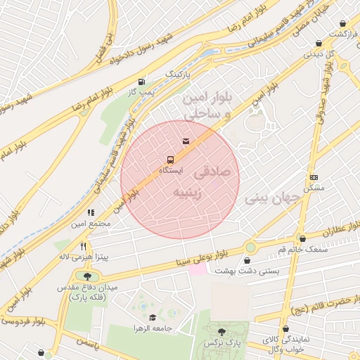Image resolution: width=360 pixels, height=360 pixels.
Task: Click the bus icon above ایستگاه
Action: (x=170, y=158)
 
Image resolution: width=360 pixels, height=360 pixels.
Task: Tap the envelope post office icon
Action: (x=186, y=142)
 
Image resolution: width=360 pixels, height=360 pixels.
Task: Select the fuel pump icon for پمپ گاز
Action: (x=143, y=82)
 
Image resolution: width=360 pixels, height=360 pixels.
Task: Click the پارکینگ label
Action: (x=177, y=74)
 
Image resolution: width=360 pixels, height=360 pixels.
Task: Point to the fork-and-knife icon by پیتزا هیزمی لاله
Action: (x=84, y=247)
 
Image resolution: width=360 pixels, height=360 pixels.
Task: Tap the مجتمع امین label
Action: (x=91, y=224)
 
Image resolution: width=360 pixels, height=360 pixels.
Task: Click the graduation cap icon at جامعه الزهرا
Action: (x=153, y=317)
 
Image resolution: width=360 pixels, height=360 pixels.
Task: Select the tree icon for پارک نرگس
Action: (x=222, y=330)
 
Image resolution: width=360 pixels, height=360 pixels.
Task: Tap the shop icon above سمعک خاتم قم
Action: (x=302, y=238)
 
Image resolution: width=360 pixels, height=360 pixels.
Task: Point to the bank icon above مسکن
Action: (x=313, y=176)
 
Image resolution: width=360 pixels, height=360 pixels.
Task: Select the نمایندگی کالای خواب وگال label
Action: (x=284, y=344)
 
